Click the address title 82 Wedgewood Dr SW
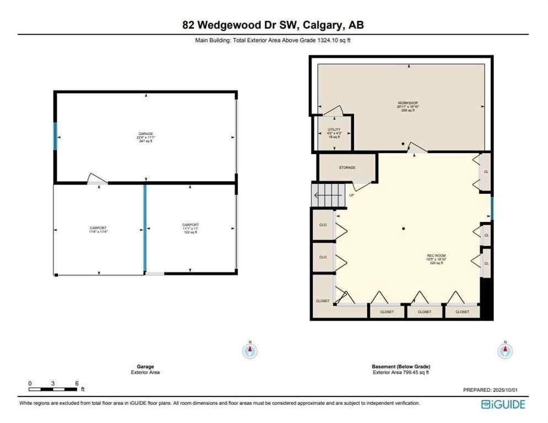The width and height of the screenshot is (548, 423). pyautogui.click(x=273, y=25)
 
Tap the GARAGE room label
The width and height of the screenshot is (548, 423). pyautogui.click(x=146, y=134)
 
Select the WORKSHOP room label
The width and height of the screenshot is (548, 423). pyautogui.click(x=408, y=104)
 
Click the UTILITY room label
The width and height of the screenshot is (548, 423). pyautogui.click(x=334, y=130)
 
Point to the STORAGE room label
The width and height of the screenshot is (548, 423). pyautogui.click(x=347, y=167)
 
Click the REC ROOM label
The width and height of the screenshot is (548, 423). pyautogui.click(x=436, y=256)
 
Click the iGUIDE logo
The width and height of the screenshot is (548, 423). pyautogui.click(x=503, y=405)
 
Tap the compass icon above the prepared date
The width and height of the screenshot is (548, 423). pyautogui.click(x=504, y=350)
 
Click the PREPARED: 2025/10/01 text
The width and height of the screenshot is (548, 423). pyautogui.click(x=490, y=390)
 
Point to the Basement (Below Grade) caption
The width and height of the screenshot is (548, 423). pyautogui.click(x=400, y=367)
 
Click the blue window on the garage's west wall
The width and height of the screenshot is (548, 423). pyautogui.click(x=55, y=136)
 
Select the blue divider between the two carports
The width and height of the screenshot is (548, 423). pyautogui.click(x=145, y=227)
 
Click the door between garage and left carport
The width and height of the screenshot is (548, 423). pyautogui.click(x=98, y=180)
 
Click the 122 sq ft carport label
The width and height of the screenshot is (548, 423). pyautogui.click(x=190, y=229)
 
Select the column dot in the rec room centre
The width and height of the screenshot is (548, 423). pyautogui.click(x=404, y=229)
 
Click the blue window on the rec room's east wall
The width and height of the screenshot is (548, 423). pyautogui.click(x=492, y=208)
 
